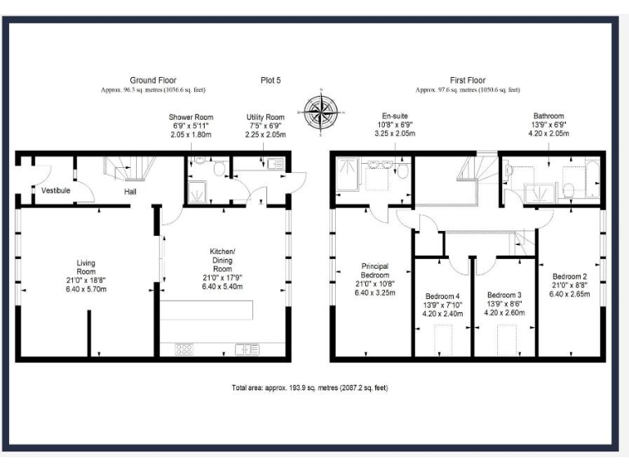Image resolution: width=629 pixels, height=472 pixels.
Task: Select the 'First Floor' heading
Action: click(468, 80)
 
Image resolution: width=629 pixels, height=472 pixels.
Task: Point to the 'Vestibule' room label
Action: click(56, 191)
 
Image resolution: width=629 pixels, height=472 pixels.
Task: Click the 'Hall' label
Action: click(130, 192)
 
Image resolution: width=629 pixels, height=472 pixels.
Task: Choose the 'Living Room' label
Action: click(86, 268)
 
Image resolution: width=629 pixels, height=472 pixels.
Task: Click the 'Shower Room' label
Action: click(186, 118)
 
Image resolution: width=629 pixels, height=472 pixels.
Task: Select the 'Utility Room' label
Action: click(265, 118)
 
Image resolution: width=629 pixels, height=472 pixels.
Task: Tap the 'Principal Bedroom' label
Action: click(374, 270)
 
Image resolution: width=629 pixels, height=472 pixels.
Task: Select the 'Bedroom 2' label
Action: click(569, 276)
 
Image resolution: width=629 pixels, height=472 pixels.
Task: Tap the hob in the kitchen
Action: click(183, 349)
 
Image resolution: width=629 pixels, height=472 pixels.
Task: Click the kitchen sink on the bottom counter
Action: click(247, 349)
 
